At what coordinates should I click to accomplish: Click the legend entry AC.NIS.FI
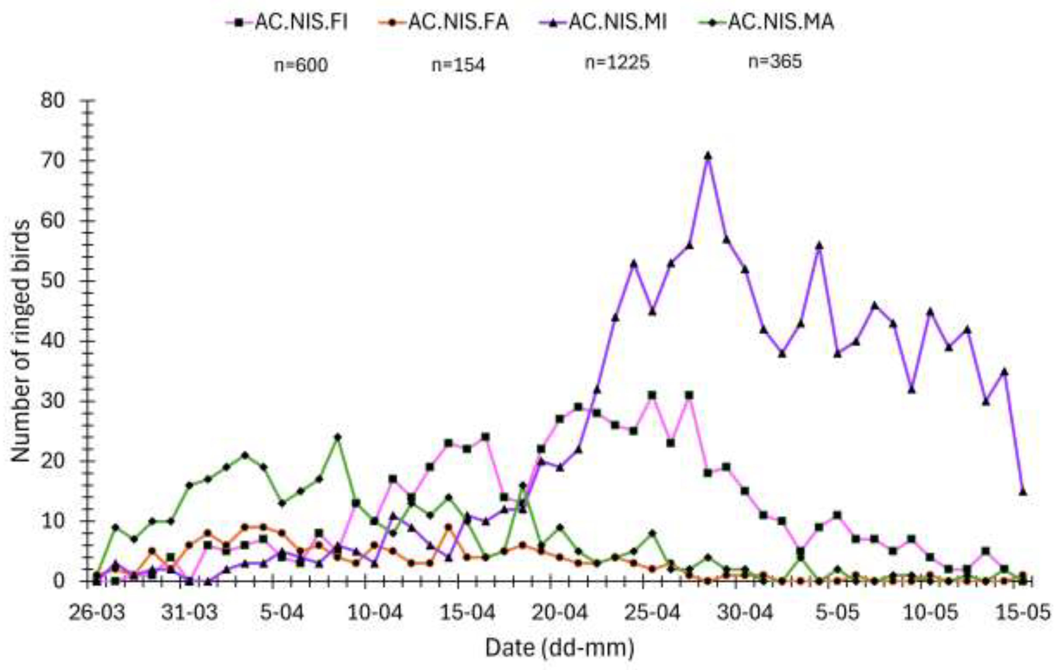(x=287, y=22)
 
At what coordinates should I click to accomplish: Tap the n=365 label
(x=775, y=61)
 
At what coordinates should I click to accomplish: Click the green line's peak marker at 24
(x=338, y=437)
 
